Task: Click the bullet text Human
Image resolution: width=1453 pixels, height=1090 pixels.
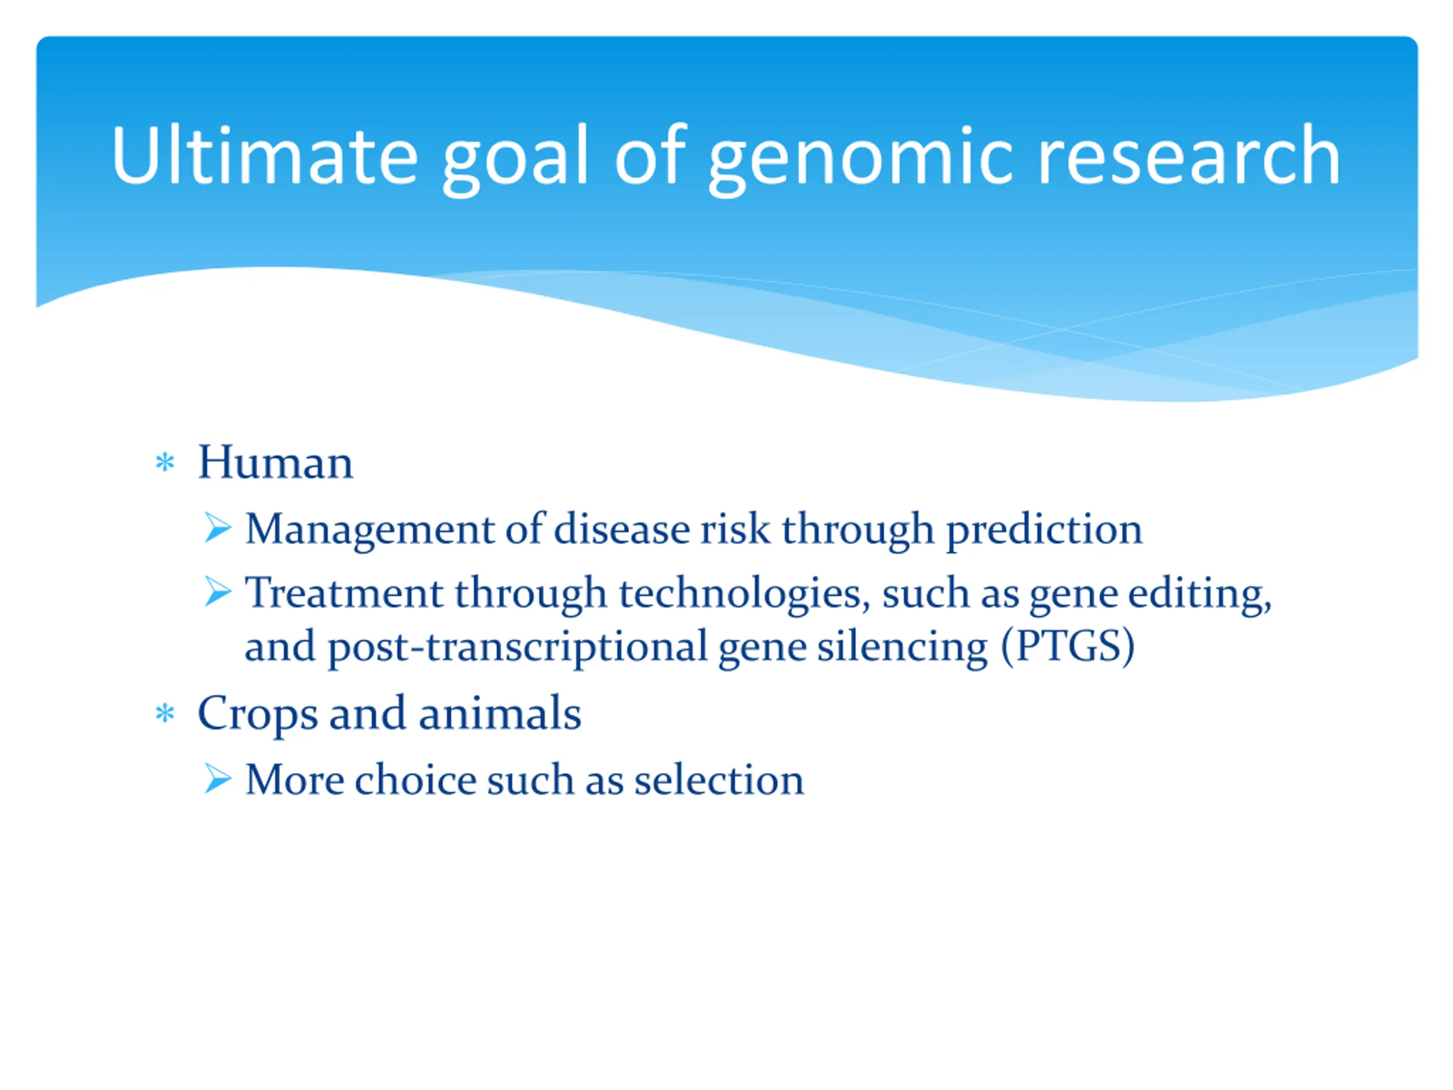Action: [x=276, y=462]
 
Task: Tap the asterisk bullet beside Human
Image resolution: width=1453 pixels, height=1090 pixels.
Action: [x=165, y=463]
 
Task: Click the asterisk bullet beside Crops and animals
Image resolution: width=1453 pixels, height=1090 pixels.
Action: [x=165, y=714]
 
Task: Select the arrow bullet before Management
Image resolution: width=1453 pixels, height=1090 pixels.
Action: [x=217, y=527]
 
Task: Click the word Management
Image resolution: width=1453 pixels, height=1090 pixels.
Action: [x=370, y=531]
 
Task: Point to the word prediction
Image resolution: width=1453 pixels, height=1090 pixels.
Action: [x=1044, y=531]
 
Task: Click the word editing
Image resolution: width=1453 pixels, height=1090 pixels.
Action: [x=1200, y=594]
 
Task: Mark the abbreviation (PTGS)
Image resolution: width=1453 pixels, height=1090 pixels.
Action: [x=1068, y=647]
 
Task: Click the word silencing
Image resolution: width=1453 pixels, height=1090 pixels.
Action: [x=902, y=648]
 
